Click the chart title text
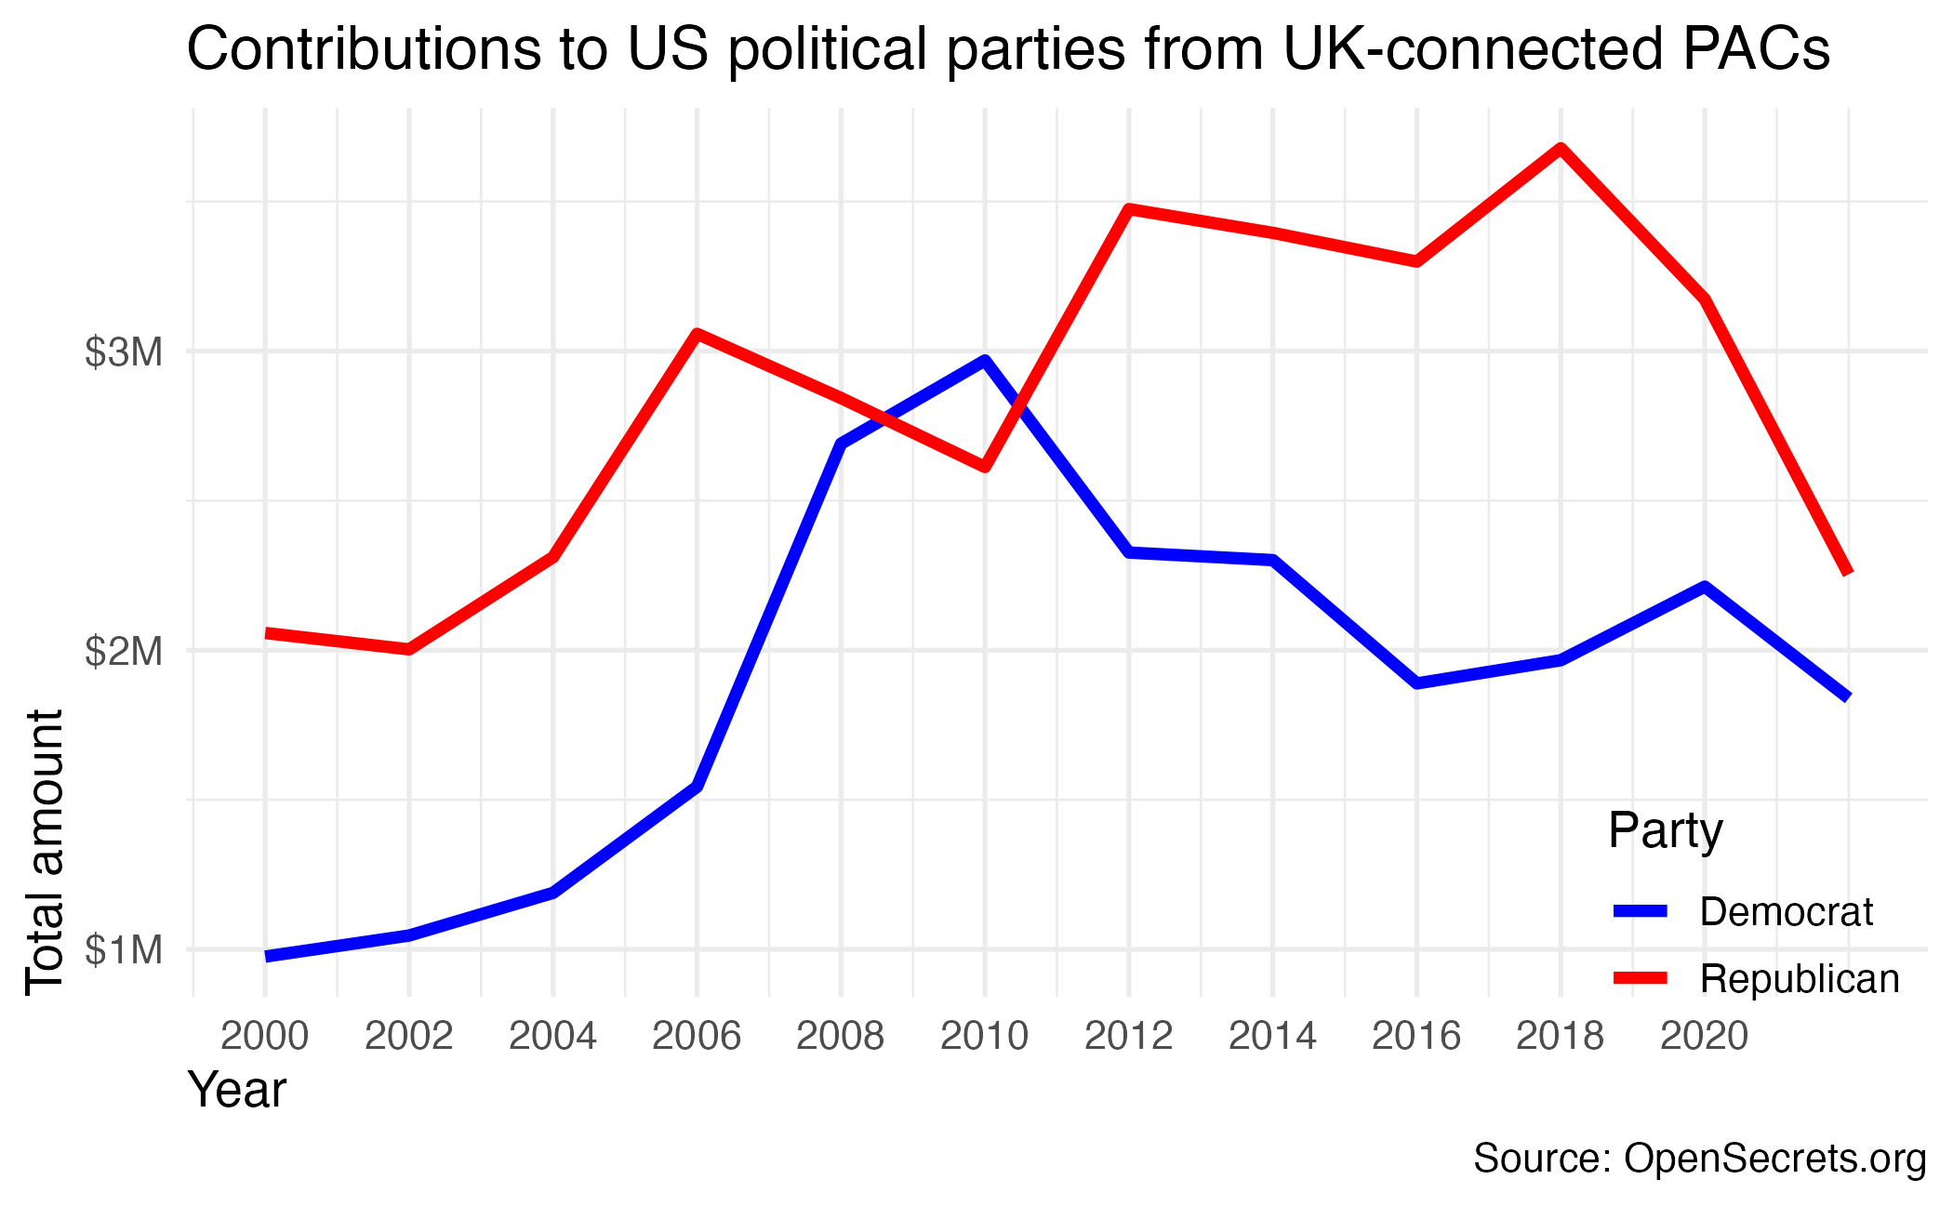pyautogui.click(x=1008, y=50)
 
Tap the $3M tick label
pyautogui.click(x=124, y=353)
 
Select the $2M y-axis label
pyautogui.click(x=124, y=652)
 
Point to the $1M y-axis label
pyautogui.click(x=124, y=951)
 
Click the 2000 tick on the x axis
pyautogui.click(x=265, y=1036)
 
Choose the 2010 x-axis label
pyautogui.click(x=984, y=1036)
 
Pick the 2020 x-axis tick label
pyautogui.click(x=1704, y=1036)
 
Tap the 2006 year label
pyautogui.click(x=697, y=1036)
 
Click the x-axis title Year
pyautogui.click(x=237, y=1090)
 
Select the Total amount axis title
pyautogui.click(x=45, y=852)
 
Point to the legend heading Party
pyautogui.click(x=1665, y=830)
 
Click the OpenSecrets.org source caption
pyautogui.click(x=1699, y=1159)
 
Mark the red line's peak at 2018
pyautogui.click(x=1561, y=148)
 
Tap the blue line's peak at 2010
pyautogui.click(x=984, y=360)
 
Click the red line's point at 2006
pyautogui.click(x=697, y=333)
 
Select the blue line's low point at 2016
pyautogui.click(x=1416, y=683)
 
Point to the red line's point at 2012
pyautogui.click(x=1128, y=208)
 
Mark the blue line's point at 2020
pyautogui.click(x=1704, y=586)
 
